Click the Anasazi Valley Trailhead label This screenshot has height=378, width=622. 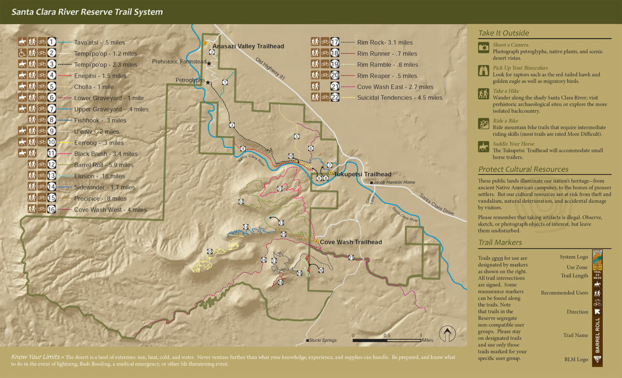click(x=248, y=46)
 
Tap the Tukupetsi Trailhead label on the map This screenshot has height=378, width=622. click(x=362, y=174)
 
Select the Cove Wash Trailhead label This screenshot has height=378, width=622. click(x=350, y=242)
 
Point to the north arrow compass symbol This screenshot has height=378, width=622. click(x=446, y=333)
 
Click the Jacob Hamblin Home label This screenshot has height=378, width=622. click(x=395, y=183)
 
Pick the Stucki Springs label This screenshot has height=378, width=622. click(x=322, y=341)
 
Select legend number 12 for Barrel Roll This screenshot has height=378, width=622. click(x=51, y=165)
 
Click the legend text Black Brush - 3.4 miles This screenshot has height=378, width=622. click(x=106, y=154)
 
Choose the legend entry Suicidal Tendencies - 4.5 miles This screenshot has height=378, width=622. click(x=400, y=97)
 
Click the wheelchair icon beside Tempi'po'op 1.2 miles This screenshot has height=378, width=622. click(x=23, y=53)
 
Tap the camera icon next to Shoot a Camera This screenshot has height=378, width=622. click(x=484, y=48)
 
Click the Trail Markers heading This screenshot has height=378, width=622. click(x=500, y=242)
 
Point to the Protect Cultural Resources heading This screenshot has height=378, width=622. click(x=523, y=169)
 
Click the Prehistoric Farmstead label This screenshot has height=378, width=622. click(x=179, y=62)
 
